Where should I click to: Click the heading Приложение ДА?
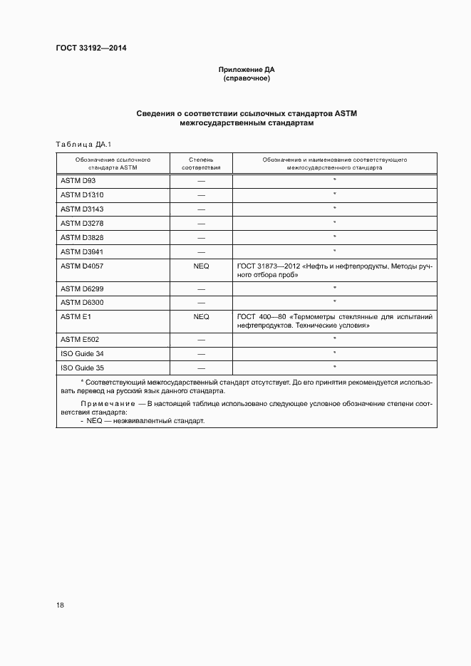click(247, 70)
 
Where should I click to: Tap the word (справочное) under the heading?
click(247, 78)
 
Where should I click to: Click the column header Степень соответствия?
click(201, 164)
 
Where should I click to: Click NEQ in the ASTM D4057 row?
click(201, 265)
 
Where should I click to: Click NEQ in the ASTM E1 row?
click(201, 316)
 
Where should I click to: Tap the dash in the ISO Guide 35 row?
click(201, 368)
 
